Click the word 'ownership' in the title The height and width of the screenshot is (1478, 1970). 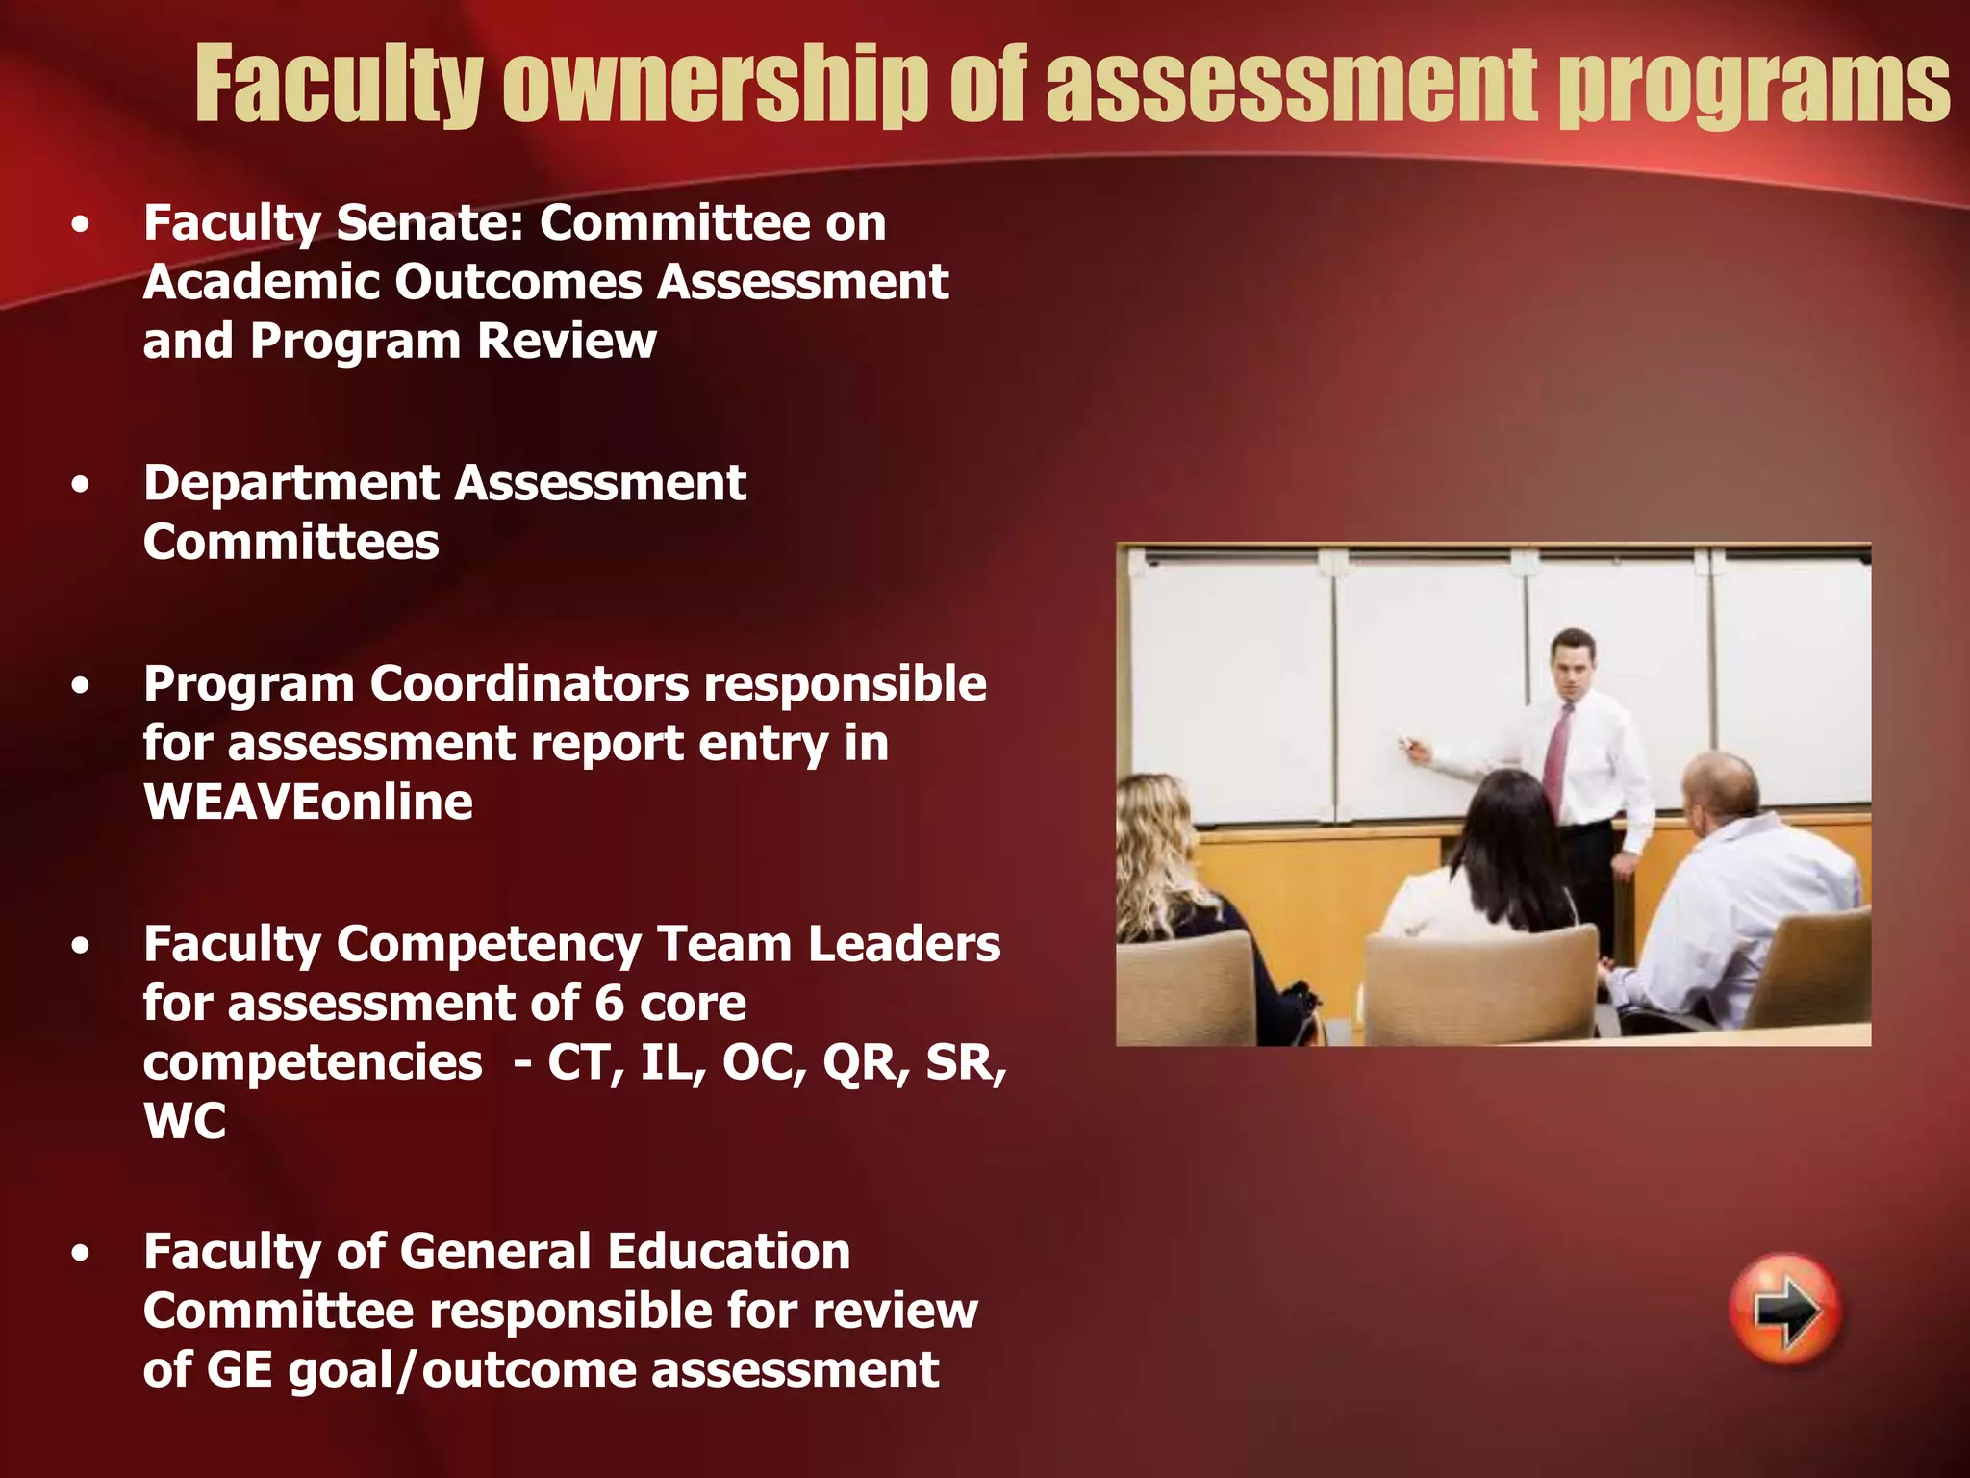tap(717, 87)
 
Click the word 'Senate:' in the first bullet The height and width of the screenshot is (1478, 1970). tap(429, 223)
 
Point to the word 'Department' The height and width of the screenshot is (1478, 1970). tap(291, 483)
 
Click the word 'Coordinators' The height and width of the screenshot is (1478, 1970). tap(530, 684)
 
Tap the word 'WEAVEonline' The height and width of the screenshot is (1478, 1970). tap(308, 803)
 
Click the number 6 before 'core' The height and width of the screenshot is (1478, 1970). tap(610, 1004)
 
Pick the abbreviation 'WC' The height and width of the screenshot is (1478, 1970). tap(185, 1122)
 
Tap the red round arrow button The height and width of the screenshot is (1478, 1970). tap(1785, 1310)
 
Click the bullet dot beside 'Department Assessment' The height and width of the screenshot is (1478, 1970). tap(81, 484)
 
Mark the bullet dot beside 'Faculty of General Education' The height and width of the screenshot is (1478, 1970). tap(81, 1253)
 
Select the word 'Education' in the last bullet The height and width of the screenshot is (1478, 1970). tap(728, 1252)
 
